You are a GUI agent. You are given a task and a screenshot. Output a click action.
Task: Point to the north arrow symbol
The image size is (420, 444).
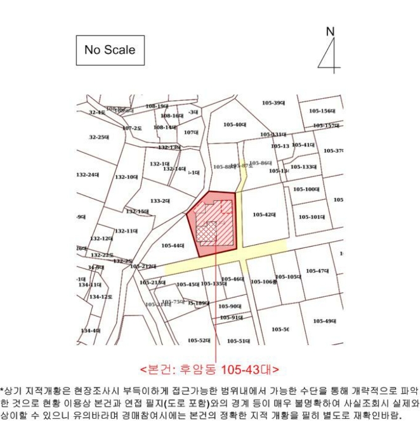(x=329, y=54)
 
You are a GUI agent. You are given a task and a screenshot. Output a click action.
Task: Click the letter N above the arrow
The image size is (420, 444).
(x=329, y=32)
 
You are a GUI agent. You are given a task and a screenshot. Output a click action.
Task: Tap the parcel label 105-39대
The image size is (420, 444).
(x=274, y=103)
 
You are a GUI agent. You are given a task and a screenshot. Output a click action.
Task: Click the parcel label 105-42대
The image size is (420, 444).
(x=264, y=214)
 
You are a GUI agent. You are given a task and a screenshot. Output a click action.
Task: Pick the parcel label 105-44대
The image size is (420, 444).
(x=173, y=245)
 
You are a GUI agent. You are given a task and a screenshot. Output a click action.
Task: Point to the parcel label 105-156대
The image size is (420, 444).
(x=322, y=110)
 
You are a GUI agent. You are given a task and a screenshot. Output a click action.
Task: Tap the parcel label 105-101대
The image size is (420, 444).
(x=312, y=217)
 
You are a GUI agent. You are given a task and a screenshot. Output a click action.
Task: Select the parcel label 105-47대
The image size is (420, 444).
(x=318, y=271)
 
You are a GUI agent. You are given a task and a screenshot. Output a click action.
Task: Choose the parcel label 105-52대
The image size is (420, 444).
(x=199, y=341)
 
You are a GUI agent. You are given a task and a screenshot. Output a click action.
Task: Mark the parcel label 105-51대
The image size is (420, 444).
(x=239, y=341)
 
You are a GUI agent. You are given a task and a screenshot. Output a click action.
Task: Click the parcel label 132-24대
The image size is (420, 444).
(x=88, y=174)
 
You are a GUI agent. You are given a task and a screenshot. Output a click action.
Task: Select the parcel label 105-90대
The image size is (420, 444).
(x=230, y=306)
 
